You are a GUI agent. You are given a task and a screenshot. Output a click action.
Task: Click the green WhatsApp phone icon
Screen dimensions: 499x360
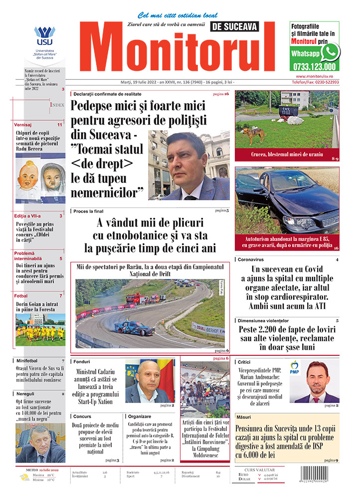pyautogui.click(x=330, y=52)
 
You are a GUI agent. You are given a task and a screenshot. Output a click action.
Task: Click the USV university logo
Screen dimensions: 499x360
pyautogui.click(x=44, y=36)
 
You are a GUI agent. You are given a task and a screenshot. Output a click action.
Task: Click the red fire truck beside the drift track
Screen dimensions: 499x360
pyautogui.click(x=138, y=298)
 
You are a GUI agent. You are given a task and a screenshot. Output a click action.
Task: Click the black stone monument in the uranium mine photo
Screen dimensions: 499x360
pyautogui.click(x=288, y=111)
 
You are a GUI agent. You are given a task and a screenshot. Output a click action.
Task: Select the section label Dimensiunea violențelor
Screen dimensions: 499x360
pyautogui.click(x=270, y=320)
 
